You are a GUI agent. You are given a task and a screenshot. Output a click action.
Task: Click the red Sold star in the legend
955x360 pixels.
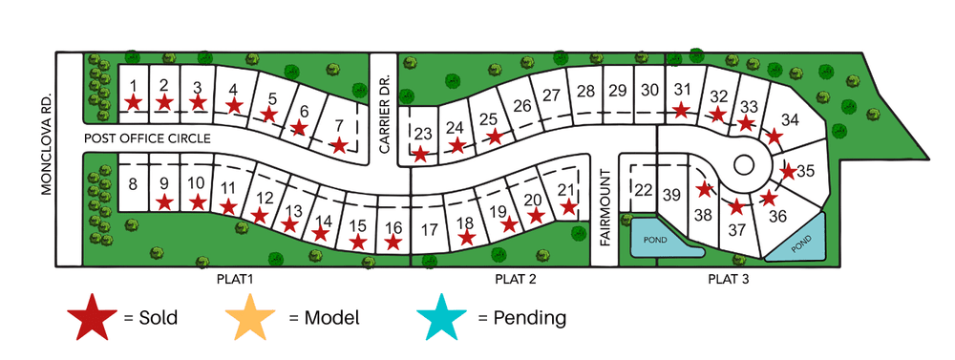point(93,316)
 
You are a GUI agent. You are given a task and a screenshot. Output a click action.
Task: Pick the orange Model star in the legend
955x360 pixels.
point(252,316)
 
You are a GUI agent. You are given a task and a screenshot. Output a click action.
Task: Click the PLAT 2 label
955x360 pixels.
point(517,280)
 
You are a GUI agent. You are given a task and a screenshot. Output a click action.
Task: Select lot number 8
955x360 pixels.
point(134,183)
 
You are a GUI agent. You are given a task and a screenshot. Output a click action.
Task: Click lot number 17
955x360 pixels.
point(429,229)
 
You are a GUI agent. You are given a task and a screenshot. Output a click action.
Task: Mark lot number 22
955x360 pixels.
point(643,189)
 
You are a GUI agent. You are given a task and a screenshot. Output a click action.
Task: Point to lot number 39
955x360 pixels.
point(672,196)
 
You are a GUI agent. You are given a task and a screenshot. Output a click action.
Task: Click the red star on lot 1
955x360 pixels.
point(134,101)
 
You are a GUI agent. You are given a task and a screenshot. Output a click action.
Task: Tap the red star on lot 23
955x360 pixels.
point(420,153)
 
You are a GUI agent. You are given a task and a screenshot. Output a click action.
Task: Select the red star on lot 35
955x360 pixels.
point(788,172)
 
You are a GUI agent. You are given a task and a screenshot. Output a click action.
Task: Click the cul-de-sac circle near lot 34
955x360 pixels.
point(744,164)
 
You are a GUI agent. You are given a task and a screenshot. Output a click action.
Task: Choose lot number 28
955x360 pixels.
point(586,91)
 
